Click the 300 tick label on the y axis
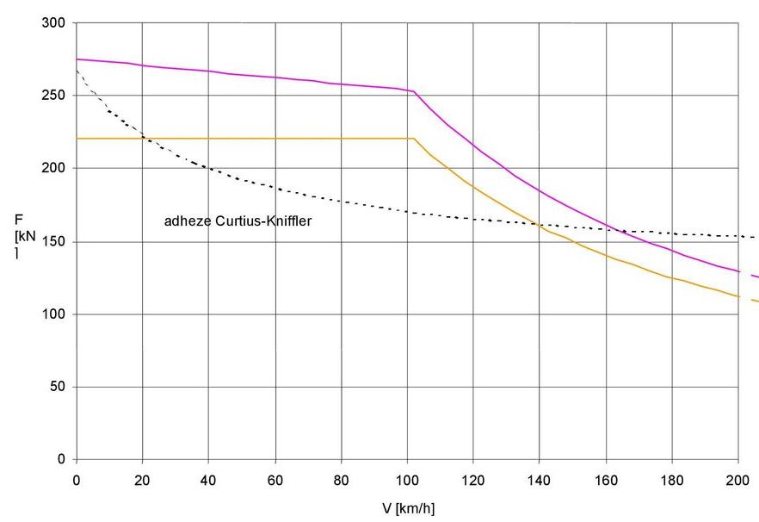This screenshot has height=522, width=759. click(54, 22)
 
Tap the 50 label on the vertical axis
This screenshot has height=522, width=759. click(58, 387)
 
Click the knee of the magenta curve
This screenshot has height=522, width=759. click(414, 91)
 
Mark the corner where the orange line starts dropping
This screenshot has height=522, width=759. click(414, 138)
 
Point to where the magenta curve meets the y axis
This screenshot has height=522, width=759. click(77, 59)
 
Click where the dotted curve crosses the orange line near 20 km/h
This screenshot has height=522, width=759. click(142, 138)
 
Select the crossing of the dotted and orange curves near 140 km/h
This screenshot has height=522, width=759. click(539, 225)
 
